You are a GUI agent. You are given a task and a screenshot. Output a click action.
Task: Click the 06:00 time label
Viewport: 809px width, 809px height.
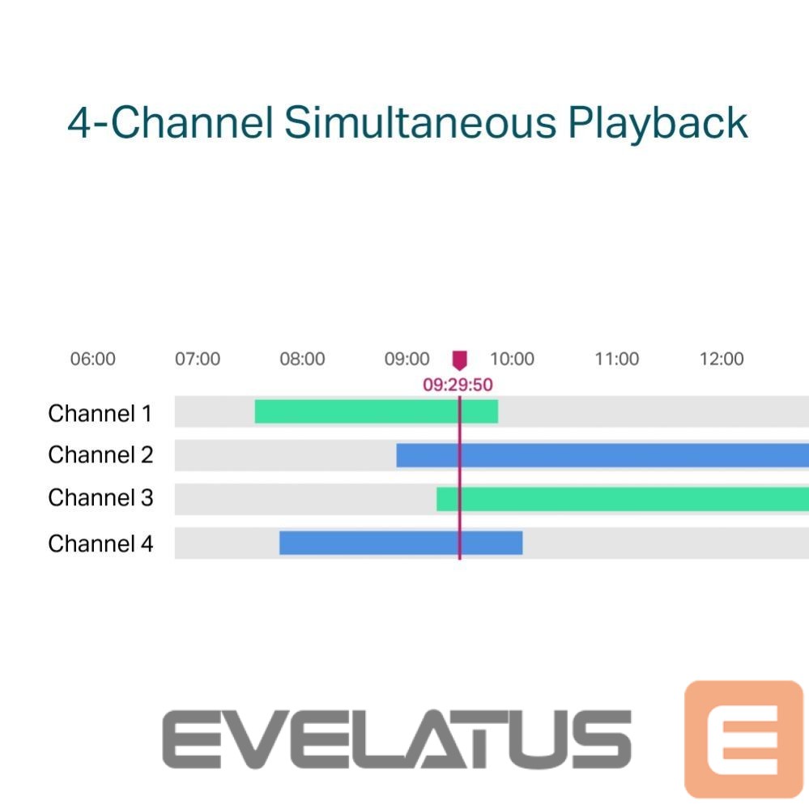click(x=93, y=359)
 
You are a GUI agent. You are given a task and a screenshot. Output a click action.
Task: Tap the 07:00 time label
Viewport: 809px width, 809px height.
click(x=198, y=359)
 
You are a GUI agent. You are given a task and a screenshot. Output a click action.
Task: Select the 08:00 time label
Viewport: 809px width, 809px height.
click(x=302, y=359)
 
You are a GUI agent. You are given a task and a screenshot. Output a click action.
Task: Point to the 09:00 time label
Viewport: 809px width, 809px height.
click(x=407, y=359)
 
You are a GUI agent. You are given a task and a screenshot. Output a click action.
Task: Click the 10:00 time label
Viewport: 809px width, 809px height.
click(x=512, y=359)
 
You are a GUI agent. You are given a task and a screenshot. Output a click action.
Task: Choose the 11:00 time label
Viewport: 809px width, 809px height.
click(x=617, y=359)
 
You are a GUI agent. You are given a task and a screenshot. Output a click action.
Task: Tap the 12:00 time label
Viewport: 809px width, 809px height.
click(x=722, y=359)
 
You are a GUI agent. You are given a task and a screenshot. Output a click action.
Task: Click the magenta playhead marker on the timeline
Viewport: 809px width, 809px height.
click(x=460, y=360)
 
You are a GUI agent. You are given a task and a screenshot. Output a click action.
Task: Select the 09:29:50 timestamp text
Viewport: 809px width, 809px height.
click(x=458, y=385)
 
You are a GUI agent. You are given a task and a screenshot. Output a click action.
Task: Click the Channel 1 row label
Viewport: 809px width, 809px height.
click(x=100, y=413)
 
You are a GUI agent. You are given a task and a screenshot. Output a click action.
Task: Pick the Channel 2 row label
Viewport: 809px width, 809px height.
click(x=100, y=454)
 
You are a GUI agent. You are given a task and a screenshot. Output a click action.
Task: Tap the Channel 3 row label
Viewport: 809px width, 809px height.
click(x=100, y=497)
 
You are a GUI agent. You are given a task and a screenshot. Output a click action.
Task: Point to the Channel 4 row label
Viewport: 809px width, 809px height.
click(x=100, y=543)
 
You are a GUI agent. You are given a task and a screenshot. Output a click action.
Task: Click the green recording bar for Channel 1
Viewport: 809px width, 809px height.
click(x=377, y=411)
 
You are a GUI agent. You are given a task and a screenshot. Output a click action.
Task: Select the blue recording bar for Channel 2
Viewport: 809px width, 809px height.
click(x=602, y=455)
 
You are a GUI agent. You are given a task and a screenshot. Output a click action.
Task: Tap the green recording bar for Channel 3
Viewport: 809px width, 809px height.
click(x=623, y=499)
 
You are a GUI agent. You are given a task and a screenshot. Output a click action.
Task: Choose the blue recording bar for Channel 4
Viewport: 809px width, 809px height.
click(x=401, y=543)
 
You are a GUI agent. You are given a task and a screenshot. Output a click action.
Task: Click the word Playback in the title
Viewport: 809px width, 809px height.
click(x=658, y=123)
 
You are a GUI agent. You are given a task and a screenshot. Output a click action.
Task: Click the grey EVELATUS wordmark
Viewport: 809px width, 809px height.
click(x=397, y=739)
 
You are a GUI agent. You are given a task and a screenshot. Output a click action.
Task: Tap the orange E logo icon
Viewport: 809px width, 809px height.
click(x=743, y=739)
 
